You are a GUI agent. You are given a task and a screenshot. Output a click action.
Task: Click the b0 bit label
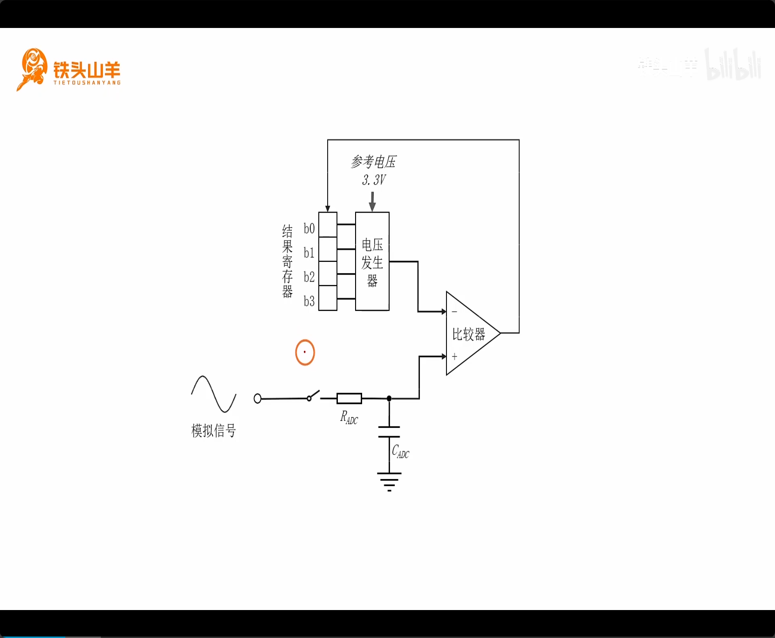click(x=309, y=228)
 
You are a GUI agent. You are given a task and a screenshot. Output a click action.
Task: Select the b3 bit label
click(x=309, y=301)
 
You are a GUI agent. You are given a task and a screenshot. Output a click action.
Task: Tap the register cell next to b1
click(x=328, y=249)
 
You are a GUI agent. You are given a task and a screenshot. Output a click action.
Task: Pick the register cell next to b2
click(x=328, y=274)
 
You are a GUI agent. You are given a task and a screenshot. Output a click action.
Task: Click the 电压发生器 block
click(x=372, y=261)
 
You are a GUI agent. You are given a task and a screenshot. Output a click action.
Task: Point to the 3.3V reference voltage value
click(x=374, y=180)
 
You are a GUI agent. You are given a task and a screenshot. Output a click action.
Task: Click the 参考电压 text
click(x=373, y=162)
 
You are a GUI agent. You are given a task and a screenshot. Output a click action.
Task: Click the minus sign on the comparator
click(x=454, y=311)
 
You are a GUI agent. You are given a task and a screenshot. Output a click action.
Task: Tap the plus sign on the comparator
click(x=454, y=357)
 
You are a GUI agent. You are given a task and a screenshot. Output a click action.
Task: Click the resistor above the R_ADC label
click(x=349, y=398)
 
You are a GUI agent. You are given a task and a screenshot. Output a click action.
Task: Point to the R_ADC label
click(x=349, y=418)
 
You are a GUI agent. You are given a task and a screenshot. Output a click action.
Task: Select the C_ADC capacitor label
click(x=400, y=452)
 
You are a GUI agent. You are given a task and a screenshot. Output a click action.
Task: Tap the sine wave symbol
click(x=213, y=394)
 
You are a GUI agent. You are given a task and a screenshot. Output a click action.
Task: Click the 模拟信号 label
click(x=213, y=431)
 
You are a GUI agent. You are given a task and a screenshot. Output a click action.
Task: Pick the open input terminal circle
click(x=257, y=398)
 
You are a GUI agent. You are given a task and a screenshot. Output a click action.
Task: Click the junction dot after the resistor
click(x=389, y=398)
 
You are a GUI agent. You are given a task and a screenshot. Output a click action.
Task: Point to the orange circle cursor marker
click(x=305, y=352)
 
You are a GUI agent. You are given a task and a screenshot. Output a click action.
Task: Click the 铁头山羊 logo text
click(x=87, y=70)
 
